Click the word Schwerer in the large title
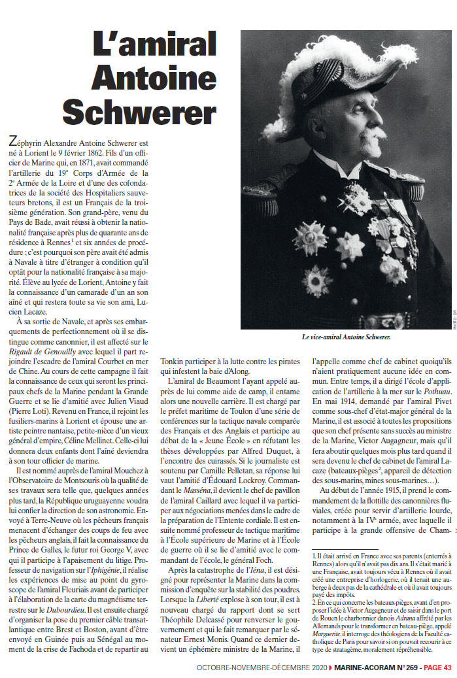tap(139, 112)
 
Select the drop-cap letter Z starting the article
tap(10, 141)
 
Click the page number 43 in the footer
tap(447, 668)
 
